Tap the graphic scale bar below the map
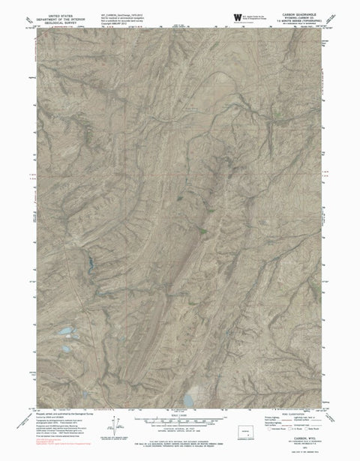(x=181, y=429)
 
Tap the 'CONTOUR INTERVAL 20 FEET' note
(x=181, y=438)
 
